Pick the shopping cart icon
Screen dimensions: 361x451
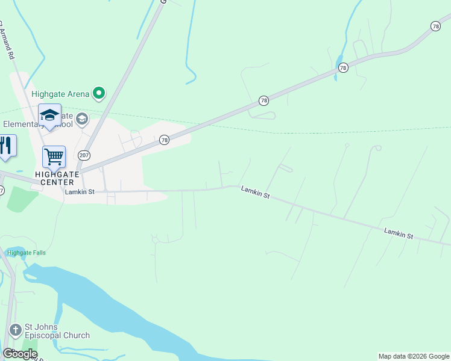[54, 157]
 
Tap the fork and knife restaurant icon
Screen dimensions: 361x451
[6, 146]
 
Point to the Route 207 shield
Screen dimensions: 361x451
[84, 155]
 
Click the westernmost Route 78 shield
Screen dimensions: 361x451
[164, 140]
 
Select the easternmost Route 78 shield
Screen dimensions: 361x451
[435, 26]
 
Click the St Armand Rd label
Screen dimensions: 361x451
[7, 39]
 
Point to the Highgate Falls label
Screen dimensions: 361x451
[27, 253]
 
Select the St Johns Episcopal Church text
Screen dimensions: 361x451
[58, 331]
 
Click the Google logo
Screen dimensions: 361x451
[20, 354]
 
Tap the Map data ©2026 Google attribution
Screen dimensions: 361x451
[414, 356]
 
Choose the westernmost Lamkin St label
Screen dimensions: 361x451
[80, 191]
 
